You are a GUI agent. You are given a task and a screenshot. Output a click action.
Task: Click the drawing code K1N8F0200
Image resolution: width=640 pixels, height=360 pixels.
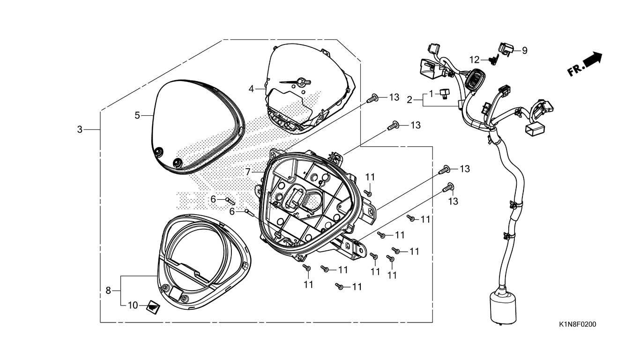[x=577, y=324]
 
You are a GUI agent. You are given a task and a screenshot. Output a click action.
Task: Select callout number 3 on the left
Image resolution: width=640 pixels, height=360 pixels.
[x=80, y=129]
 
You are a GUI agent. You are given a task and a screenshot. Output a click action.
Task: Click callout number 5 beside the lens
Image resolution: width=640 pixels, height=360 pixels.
[x=137, y=115]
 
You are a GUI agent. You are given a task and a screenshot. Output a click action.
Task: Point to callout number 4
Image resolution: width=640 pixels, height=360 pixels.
[x=251, y=89]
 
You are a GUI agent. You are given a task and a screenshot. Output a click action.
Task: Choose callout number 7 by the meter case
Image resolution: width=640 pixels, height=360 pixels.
[x=248, y=172]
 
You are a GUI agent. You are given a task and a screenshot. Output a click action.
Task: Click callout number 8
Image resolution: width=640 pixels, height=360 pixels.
[x=108, y=291]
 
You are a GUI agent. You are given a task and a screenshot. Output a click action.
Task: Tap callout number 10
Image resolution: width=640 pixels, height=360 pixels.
[x=133, y=305]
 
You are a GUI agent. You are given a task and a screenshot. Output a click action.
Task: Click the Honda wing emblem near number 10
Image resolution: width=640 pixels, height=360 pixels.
[x=153, y=308]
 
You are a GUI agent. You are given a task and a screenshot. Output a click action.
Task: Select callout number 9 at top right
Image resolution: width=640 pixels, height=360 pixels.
[x=525, y=51]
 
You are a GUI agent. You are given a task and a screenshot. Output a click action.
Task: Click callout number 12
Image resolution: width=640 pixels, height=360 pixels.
[x=475, y=60]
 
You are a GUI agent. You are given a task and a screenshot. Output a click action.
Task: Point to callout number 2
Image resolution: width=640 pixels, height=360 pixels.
[x=409, y=100]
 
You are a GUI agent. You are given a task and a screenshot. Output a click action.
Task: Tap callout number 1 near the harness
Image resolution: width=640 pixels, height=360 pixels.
[x=432, y=93]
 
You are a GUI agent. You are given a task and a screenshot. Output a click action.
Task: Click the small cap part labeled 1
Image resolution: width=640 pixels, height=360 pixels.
[x=444, y=94]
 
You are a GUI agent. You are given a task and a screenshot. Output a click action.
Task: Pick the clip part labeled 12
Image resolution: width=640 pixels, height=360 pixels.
[x=494, y=60]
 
